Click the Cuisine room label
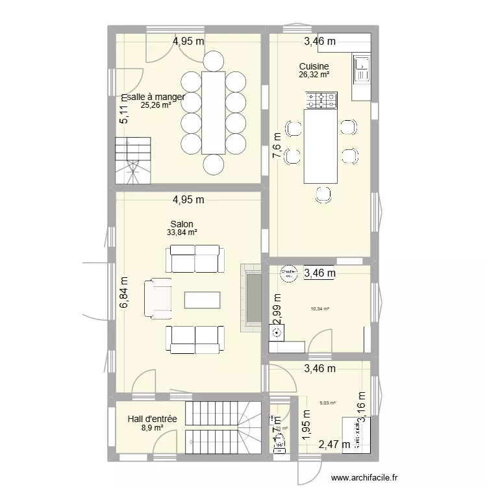pyautogui.click(x=314, y=66)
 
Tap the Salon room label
pyautogui.click(x=182, y=224)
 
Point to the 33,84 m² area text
pyautogui.click(x=182, y=232)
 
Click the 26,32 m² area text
pyautogui.click(x=314, y=75)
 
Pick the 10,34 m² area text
pyautogui.click(x=320, y=309)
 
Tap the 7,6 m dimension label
pyautogui.click(x=277, y=150)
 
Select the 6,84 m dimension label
pyautogui.click(x=124, y=295)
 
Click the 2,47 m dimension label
pyautogui.click(x=334, y=445)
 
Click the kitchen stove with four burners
pyautogui.click(x=322, y=100)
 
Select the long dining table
pyautogui.click(x=214, y=112)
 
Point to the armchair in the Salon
pyautogui.click(x=158, y=299)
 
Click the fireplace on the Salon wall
pyautogui.click(x=250, y=298)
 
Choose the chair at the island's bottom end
pyautogui.click(x=322, y=193)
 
